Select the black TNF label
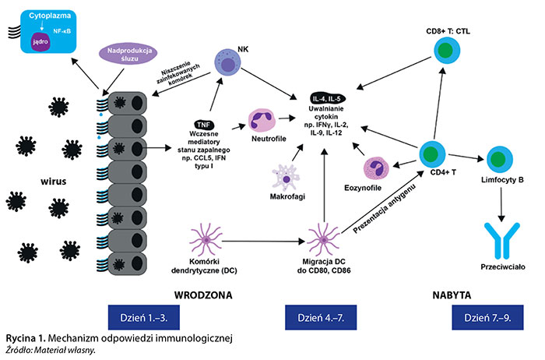pos(204,124)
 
